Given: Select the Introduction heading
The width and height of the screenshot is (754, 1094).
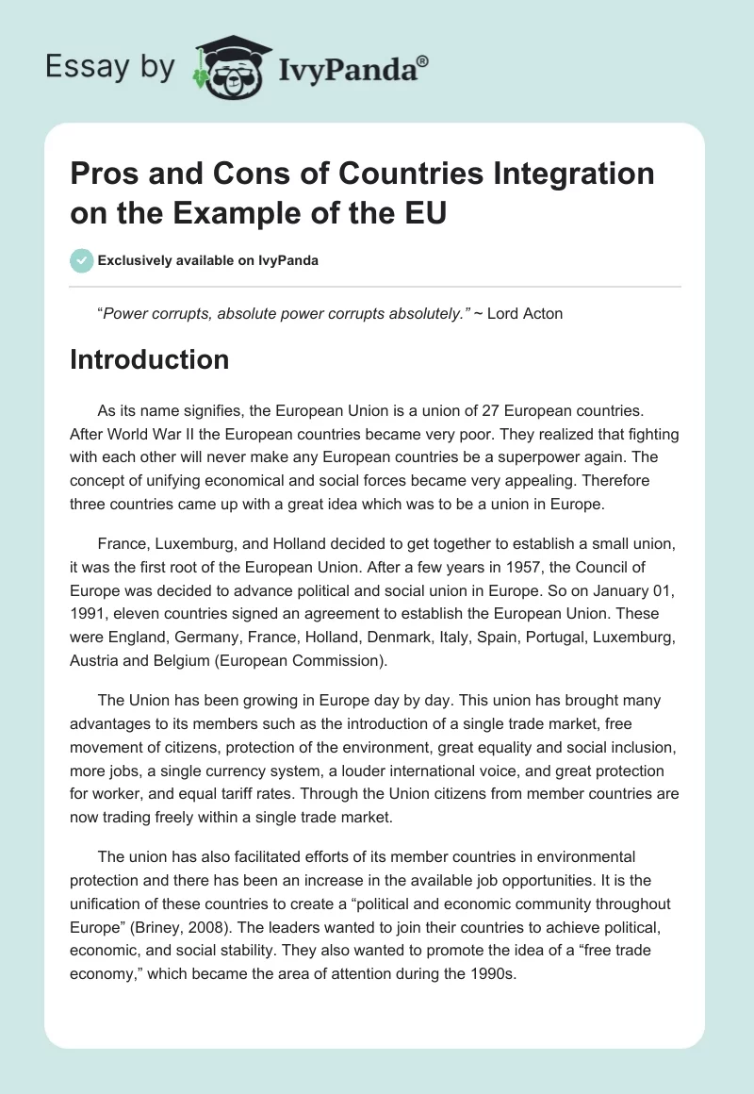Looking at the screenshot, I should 149,359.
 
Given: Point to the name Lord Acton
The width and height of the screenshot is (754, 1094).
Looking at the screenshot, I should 525,313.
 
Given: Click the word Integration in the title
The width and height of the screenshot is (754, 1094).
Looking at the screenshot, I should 576,174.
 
